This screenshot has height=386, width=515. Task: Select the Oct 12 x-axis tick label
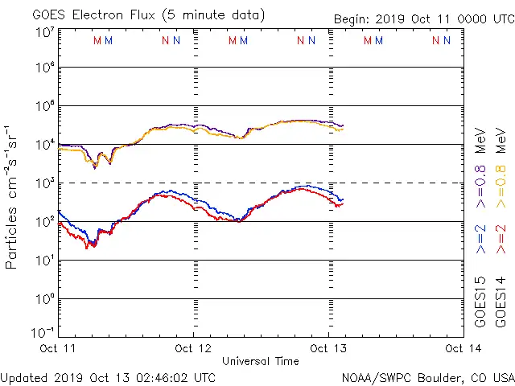(194, 349)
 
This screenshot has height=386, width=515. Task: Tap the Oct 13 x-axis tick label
(328, 349)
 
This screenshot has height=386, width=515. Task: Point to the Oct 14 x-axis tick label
(461, 349)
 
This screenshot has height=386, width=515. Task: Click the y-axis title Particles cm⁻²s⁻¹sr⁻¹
(13, 198)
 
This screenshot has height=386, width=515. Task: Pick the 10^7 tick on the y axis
(44, 31)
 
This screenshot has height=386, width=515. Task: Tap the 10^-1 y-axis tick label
(44, 332)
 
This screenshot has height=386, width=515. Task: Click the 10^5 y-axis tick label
(44, 106)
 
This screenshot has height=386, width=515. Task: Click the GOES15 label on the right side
(481, 301)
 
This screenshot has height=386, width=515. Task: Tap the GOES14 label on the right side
(501, 301)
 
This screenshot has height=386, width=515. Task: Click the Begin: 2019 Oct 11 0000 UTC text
(424, 19)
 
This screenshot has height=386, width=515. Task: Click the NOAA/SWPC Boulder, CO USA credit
(427, 377)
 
